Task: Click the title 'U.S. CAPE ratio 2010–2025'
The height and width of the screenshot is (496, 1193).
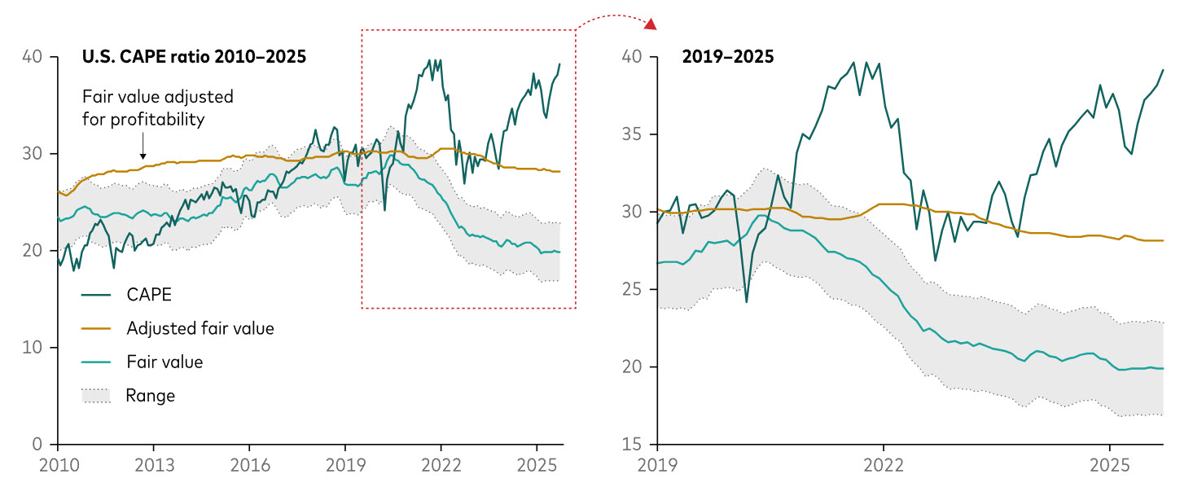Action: [x=194, y=58]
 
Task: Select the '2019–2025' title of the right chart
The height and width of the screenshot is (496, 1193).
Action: [x=728, y=58]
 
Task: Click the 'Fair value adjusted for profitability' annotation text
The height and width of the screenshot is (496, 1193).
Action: [x=158, y=108]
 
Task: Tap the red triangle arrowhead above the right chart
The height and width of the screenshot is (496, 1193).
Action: [x=650, y=24]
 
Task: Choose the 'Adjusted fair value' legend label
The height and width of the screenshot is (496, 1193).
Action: [x=200, y=329]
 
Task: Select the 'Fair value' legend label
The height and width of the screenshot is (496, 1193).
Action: [x=164, y=362]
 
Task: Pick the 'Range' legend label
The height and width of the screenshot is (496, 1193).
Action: [x=150, y=396]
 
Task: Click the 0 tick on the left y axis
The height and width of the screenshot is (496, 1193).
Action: [x=38, y=445]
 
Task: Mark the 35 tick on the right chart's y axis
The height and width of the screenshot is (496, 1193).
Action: [x=633, y=134]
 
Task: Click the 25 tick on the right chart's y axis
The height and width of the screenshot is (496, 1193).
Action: [x=633, y=290]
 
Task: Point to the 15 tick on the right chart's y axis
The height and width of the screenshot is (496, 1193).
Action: [x=633, y=445]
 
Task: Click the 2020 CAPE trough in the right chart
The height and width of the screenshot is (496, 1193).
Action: [x=747, y=301]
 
